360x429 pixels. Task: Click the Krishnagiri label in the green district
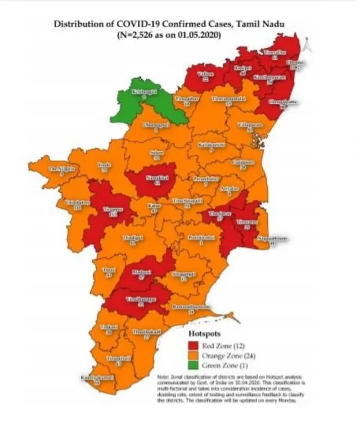(x=143, y=92)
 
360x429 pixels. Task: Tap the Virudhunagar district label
(x=134, y=299)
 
